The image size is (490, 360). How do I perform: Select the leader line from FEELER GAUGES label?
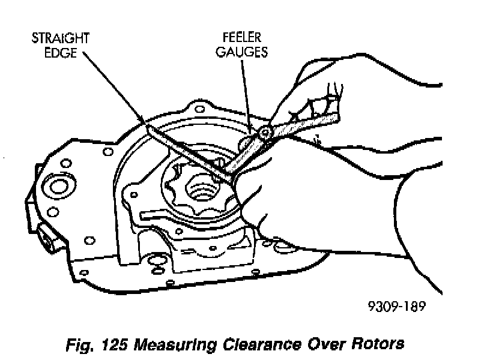246,90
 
